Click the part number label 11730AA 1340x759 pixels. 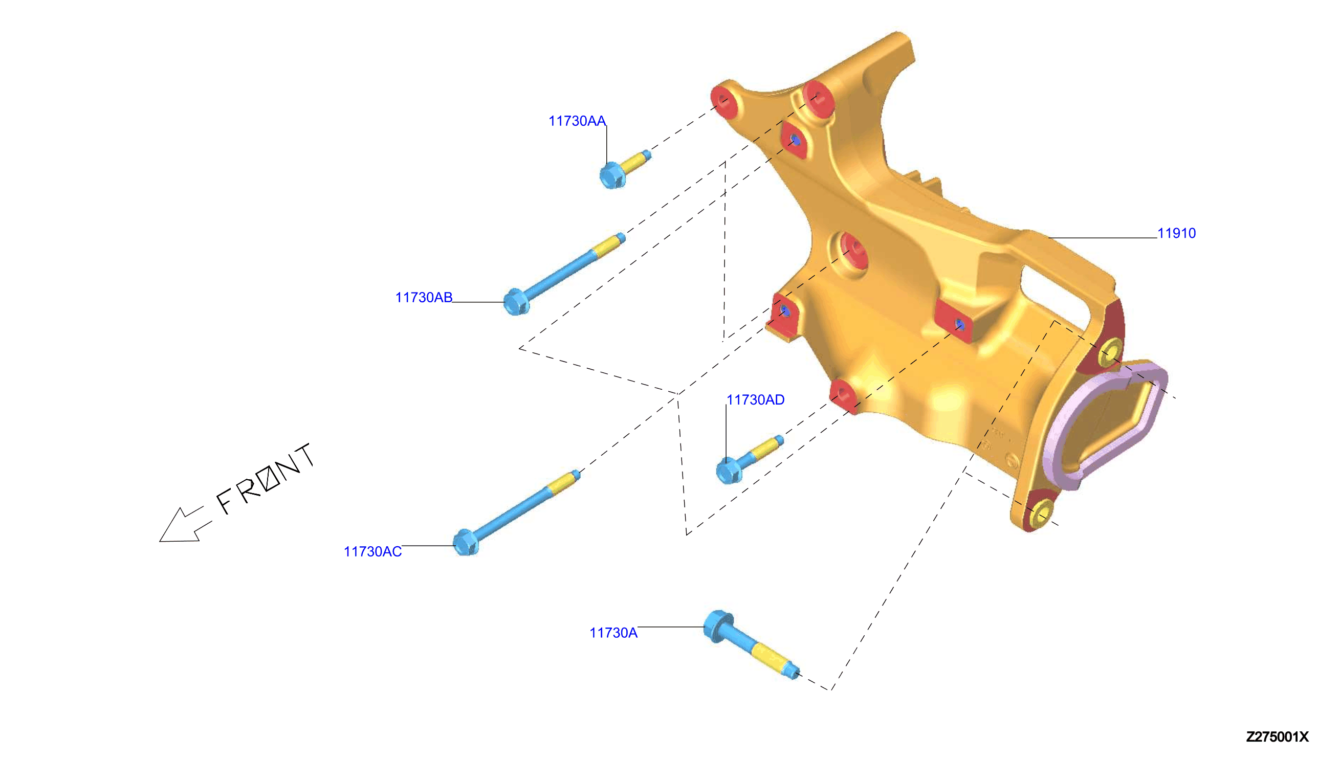click(x=577, y=121)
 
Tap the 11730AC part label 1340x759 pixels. click(x=372, y=551)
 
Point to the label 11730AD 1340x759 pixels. click(x=755, y=400)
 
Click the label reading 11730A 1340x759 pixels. click(x=613, y=633)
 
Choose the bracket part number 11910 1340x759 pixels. click(x=1176, y=233)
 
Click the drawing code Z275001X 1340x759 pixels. click(x=1277, y=736)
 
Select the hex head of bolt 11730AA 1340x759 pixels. click(x=612, y=175)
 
